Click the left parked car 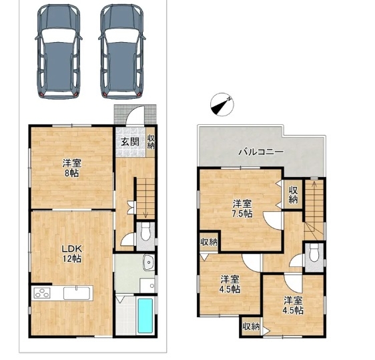(x=59, y=51)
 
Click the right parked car (x=121, y=51)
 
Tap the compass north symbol (x=222, y=105)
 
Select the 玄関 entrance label (x=130, y=142)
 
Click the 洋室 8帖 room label (x=72, y=168)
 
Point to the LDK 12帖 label (x=72, y=254)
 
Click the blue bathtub (x=145, y=316)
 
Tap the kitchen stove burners (x=42, y=293)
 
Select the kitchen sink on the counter (x=77, y=293)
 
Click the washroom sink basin (x=149, y=262)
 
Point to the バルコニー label (x=262, y=152)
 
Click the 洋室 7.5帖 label (x=242, y=209)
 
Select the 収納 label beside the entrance (x=151, y=142)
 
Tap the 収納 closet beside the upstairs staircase (x=293, y=195)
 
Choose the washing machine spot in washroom (x=147, y=285)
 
